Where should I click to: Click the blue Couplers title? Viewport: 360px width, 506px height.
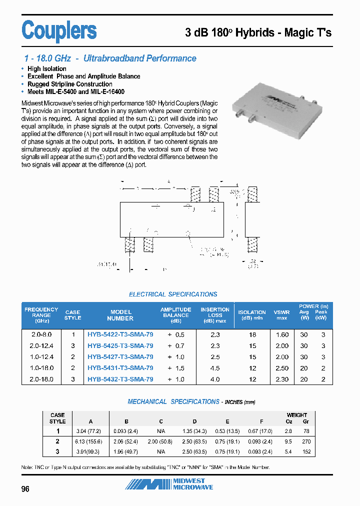[x=59, y=30]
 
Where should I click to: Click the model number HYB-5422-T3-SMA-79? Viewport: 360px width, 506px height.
[x=120, y=334]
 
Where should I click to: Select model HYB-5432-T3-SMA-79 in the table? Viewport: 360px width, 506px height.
[x=120, y=379]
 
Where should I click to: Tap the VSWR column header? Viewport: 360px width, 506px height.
[x=281, y=315]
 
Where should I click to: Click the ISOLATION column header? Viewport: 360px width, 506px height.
[x=252, y=315]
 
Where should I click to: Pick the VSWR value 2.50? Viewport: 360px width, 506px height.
[x=282, y=368]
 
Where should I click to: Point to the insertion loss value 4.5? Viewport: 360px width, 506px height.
[x=214, y=368]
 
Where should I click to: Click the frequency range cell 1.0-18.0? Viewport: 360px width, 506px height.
[x=41, y=368]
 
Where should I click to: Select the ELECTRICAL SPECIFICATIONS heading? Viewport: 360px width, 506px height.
[x=173, y=294]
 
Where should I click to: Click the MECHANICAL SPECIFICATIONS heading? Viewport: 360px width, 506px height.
[x=173, y=401]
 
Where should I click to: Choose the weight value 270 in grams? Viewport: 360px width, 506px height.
[x=306, y=441]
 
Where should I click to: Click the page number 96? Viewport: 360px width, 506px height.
[x=25, y=489]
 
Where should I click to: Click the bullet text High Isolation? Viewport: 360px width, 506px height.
[x=46, y=68]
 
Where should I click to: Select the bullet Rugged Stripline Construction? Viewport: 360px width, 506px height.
[x=69, y=84]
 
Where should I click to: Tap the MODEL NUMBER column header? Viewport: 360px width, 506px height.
[x=120, y=315]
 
